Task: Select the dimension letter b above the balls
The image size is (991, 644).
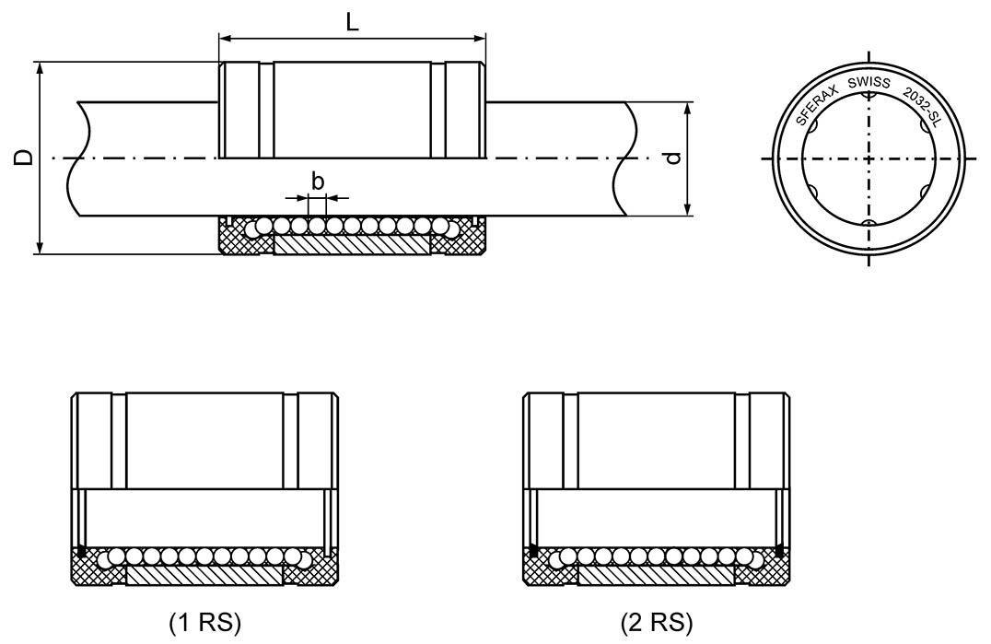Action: (318, 181)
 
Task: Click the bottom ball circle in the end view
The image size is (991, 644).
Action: (868, 224)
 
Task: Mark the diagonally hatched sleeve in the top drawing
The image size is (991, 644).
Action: (351, 245)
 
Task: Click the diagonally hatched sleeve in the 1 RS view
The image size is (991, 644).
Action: (204, 576)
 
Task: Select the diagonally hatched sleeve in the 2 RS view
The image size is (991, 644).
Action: (655, 576)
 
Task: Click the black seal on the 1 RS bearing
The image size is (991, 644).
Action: (82, 553)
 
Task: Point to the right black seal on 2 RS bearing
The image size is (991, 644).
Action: (779, 552)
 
